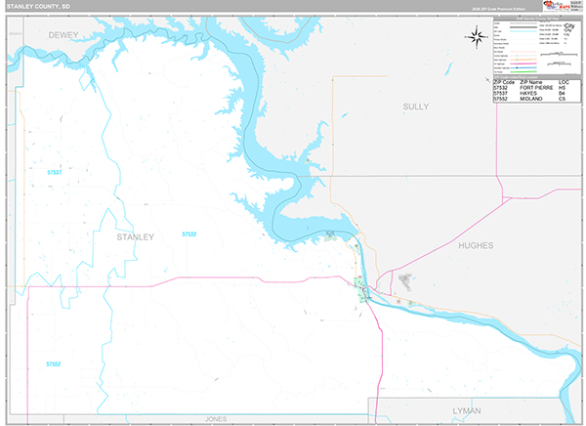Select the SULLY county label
(x=416, y=106)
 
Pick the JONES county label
(x=216, y=419)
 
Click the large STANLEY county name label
(x=135, y=236)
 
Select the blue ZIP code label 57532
(x=188, y=234)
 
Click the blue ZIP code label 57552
(x=54, y=363)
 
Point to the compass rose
(x=477, y=38)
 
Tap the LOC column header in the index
(x=564, y=82)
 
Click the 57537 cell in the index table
(x=501, y=94)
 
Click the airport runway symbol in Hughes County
(x=405, y=281)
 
